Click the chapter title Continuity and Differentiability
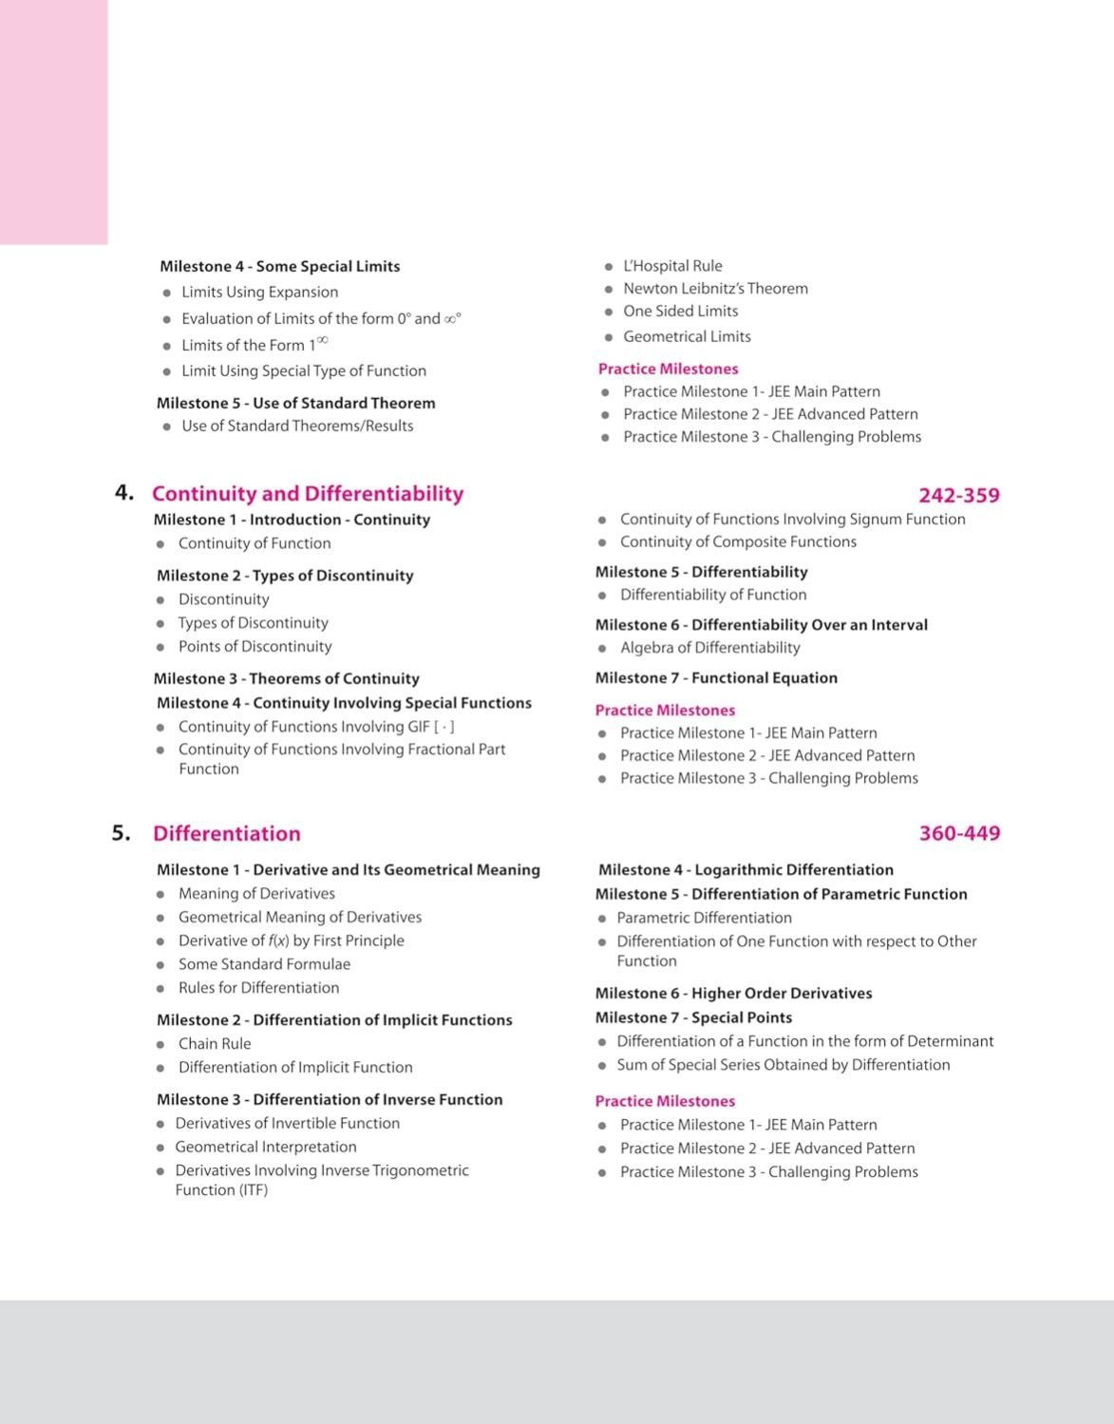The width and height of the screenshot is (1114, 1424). click(x=308, y=494)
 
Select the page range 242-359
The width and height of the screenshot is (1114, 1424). click(x=958, y=495)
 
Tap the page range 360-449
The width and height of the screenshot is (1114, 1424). click(x=959, y=833)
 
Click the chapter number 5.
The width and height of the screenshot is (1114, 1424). click(x=121, y=833)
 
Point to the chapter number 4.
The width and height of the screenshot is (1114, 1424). click(x=123, y=492)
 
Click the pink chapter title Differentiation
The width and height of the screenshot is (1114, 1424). click(x=226, y=833)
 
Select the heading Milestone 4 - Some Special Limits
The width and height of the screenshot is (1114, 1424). click(x=279, y=266)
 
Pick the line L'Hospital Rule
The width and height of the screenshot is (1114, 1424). click(x=672, y=266)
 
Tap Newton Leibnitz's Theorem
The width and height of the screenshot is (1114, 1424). click(x=715, y=288)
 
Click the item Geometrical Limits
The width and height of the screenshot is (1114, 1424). click(x=687, y=336)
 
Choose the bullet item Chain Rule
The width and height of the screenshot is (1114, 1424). click(x=215, y=1043)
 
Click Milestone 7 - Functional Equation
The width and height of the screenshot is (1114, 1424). click(x=716, y=677)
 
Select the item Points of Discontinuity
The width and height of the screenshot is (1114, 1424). click(x=255, y=646)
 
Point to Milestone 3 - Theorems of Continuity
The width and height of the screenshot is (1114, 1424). click(x=286, y=678)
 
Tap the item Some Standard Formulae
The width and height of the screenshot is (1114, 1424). click(x=264, y=964)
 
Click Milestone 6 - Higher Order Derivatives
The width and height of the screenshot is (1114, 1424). click(x=733, y=993)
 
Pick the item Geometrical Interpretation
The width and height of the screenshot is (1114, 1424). click(x=266, y=1147)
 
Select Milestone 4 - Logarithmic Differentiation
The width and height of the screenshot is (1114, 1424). click(x=746, y=869)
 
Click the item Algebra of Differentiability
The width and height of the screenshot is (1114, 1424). click(x=709, y=647)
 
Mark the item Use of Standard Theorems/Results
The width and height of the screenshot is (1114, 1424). click(x=297, y=426)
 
